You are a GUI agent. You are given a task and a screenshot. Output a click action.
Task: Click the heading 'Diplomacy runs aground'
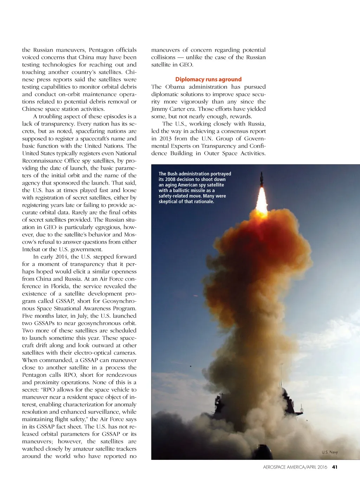click(208, 80)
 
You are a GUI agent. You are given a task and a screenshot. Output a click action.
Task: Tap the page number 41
click(335, 467)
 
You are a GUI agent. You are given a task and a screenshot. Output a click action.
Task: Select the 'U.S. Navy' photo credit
click(329, 452)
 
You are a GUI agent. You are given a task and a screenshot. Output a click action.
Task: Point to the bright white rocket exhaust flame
click(262, 201)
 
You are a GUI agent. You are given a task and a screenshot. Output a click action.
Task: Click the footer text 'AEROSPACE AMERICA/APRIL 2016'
click(295, 467)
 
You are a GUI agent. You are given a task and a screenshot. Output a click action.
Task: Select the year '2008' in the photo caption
click(171, 179)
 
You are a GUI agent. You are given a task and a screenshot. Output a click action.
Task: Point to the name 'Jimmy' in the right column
click(159, 109)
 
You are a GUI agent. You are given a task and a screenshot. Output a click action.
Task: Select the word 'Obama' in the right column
click(175, 87)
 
